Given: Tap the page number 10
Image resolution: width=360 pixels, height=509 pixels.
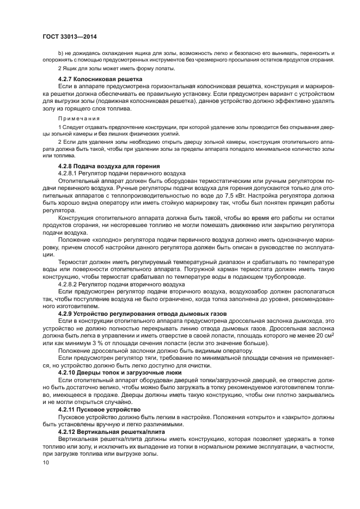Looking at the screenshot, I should click(x=46, y=463).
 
